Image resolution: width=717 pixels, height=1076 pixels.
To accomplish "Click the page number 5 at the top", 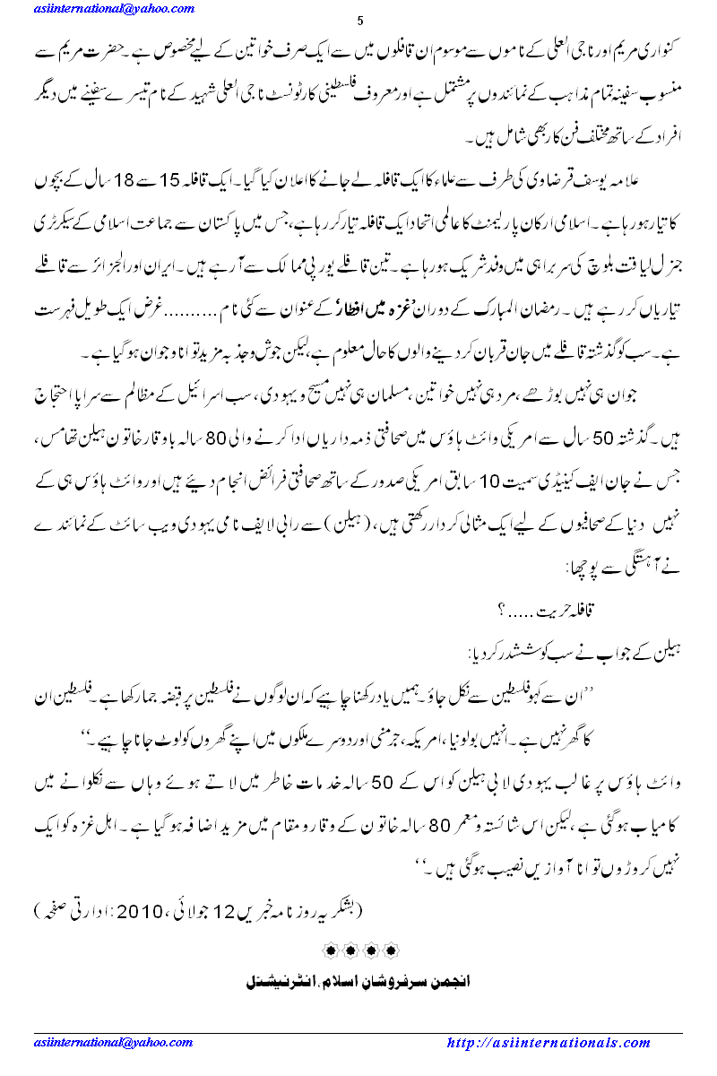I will point(358,21).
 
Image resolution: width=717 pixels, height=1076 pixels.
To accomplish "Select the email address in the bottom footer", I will point(114,1043).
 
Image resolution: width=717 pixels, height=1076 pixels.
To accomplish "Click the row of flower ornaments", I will point(358,949).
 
